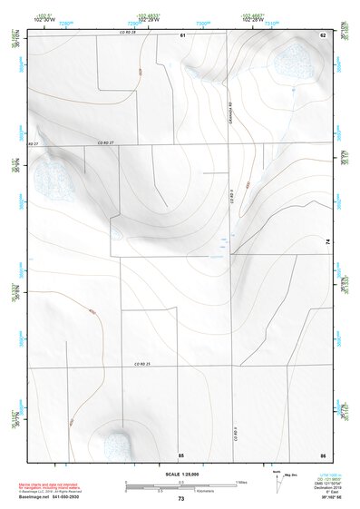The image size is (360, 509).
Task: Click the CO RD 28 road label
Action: pyautogui.click(x=126, y=33)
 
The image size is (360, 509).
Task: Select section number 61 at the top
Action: pyautogui.click(x=182, y=34)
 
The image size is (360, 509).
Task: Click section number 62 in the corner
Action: pyautogui.click(x=322, y=34)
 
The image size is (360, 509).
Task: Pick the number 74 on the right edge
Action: pyautogui.click(x=326, y=241)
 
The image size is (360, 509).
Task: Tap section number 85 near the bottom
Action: pyautogui.click(x=180, y=453)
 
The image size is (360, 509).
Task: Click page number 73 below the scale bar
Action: pyautogui.click(x=180, y=499)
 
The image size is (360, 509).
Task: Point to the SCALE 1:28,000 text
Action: pyautogui.click(x=180, y=474)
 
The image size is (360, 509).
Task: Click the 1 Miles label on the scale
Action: pyautogui.click(x=240, y=481)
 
